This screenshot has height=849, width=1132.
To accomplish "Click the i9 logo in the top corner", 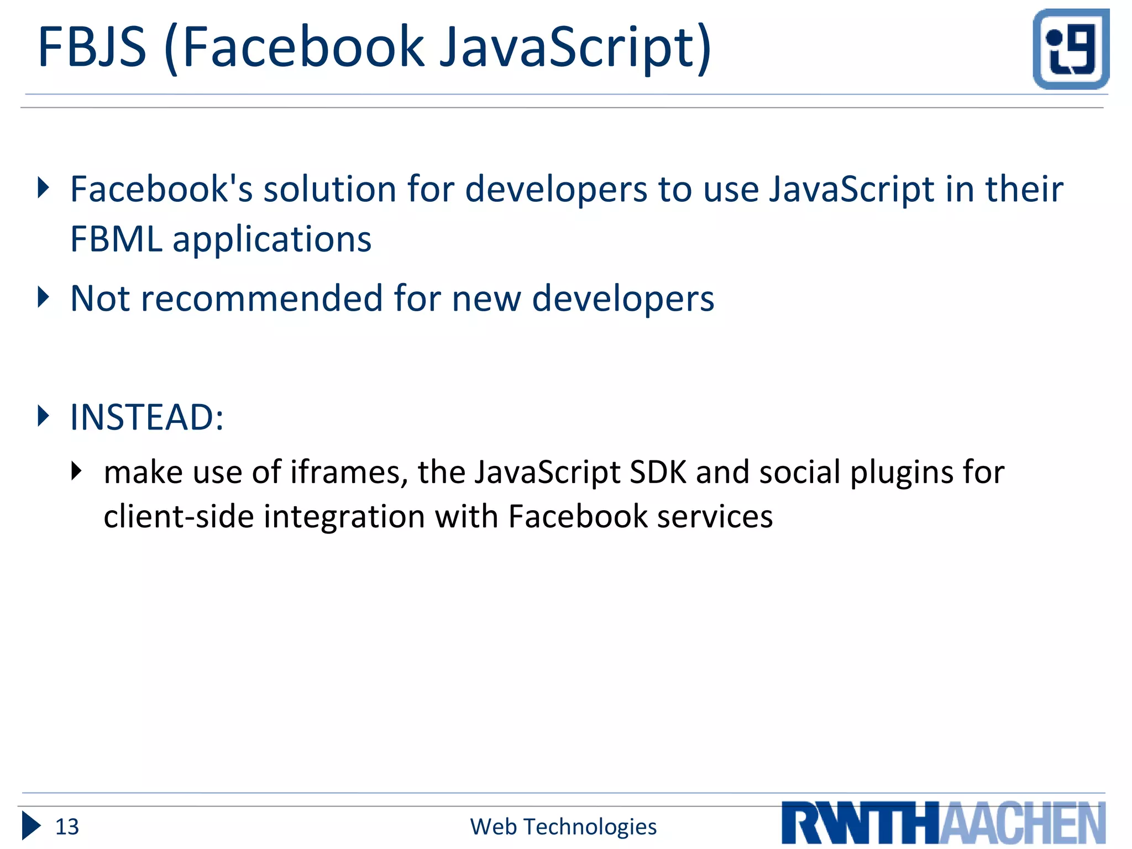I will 1071,49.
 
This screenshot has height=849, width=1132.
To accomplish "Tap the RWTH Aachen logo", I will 943,822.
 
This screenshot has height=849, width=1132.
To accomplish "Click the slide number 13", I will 67,827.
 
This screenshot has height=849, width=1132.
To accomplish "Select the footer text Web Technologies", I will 563,827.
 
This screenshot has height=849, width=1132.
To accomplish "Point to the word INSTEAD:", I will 147,417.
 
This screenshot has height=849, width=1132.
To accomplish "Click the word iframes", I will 349,473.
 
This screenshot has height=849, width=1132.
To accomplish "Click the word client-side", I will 179,517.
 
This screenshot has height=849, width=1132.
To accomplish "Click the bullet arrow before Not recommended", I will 43,297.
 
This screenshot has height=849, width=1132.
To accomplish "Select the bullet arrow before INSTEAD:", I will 43,416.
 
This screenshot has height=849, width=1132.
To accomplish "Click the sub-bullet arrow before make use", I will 77,471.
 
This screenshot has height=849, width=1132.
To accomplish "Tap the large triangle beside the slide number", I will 31,826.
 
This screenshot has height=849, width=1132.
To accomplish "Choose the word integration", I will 344,517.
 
